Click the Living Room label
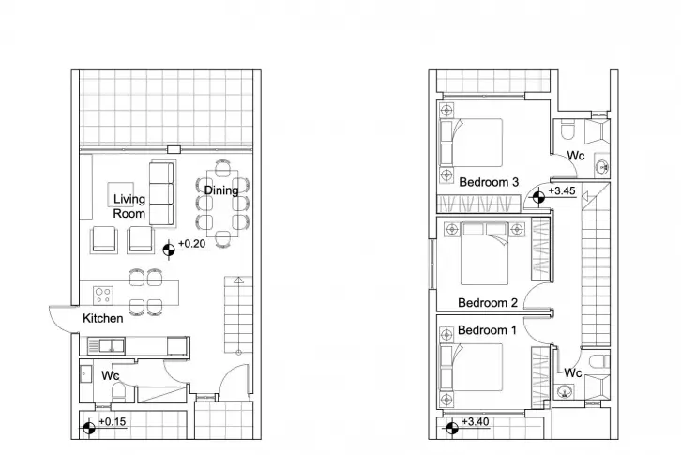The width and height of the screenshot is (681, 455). pos(129,206)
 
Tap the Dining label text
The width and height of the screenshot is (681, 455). pos(221,190)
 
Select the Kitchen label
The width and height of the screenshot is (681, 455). pos(103,318)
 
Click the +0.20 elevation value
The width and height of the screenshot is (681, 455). pos(192,243)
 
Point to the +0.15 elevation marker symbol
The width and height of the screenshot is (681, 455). pos(89,428)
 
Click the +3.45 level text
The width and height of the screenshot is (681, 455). pos(562,190)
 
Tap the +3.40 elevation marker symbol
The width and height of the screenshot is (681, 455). pos(452,428)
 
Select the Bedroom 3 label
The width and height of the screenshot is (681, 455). pos(489,182)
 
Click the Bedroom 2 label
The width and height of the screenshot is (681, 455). pos(488,302)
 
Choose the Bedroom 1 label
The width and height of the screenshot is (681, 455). pos(487,330)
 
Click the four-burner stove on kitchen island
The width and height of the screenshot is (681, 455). pos(103,296)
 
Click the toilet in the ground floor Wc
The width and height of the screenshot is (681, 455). pos(118,392)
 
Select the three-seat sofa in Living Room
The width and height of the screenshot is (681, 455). pos(161,194)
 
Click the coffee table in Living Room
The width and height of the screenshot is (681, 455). pos(120,194)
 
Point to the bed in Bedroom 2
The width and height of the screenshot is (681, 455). pos(484,254)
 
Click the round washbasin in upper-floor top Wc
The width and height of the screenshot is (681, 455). pos(603,166)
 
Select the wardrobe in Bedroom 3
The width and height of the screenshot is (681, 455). pos(478,204)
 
